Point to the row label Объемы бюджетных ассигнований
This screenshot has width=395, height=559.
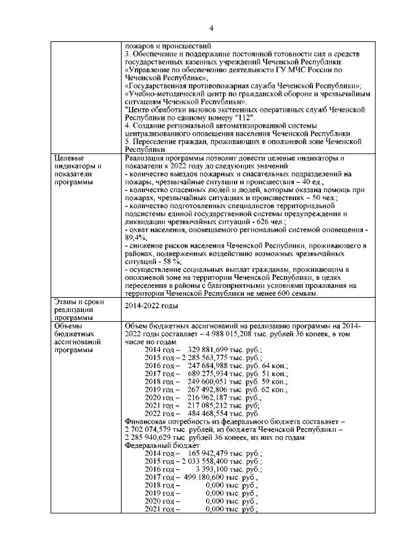[77, 337]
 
